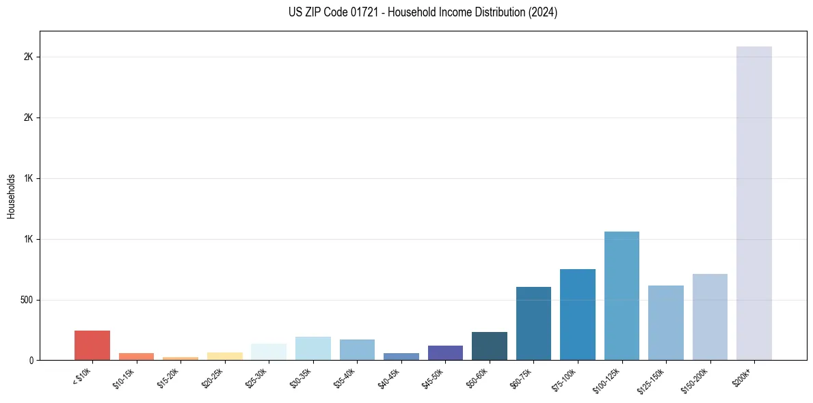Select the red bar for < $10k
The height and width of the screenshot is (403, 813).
tap(92, 345)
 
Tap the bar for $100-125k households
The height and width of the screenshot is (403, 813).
tap(622, 295)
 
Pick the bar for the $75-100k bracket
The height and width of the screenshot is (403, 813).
tap(578, 314)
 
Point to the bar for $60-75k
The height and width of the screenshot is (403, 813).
tap(533, 323)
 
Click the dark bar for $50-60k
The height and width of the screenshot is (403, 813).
tap(490, 346)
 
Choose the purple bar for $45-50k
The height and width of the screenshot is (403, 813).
tap(445, 352)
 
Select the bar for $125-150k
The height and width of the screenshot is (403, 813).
tap(666, 322)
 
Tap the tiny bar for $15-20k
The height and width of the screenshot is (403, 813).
tap(181, 358)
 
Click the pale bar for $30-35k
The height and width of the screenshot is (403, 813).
tap(313, 348)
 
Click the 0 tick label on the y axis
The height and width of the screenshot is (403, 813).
tap(31, 360)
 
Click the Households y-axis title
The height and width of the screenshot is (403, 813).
tap(12, 196)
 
